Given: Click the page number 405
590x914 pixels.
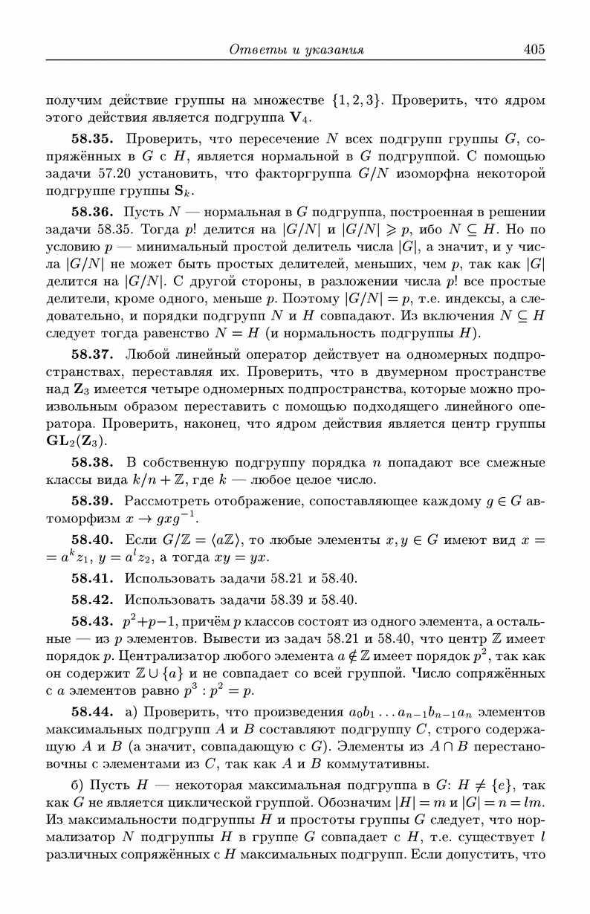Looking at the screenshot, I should (534, 50).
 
